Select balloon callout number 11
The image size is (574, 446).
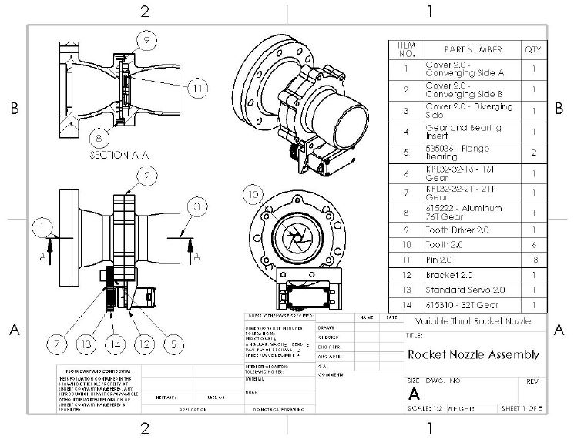(199, 88)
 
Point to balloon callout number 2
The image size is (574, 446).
(144, 176)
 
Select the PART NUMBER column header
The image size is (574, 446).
(473, 49)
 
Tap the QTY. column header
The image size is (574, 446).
(533, 49)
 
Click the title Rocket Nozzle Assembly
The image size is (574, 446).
(472, 355)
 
